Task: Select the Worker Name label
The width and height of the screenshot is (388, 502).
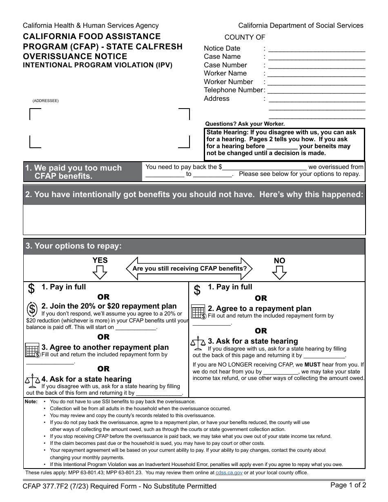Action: coord(225,73)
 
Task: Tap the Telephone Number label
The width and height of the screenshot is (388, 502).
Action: coord(233,90)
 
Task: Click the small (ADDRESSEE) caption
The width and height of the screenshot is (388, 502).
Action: coord(46,101)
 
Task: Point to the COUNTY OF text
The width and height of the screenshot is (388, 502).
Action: coord(245,38)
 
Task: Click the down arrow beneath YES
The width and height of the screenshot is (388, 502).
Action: coord(100,272)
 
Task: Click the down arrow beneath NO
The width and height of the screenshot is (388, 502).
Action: coord(279,272)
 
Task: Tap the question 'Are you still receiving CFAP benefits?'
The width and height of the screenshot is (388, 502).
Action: coord(190,269)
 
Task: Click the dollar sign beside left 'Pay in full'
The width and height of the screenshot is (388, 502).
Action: coord(31,289)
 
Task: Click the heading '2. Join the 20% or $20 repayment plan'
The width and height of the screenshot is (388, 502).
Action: coord(109,306)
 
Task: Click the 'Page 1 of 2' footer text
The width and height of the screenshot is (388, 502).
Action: coord(348,485)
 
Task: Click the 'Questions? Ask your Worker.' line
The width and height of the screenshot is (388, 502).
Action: coord(245,124)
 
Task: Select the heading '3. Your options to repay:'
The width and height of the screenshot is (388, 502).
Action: coord(74,246)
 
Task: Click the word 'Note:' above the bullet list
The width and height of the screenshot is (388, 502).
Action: coord(31,402)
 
